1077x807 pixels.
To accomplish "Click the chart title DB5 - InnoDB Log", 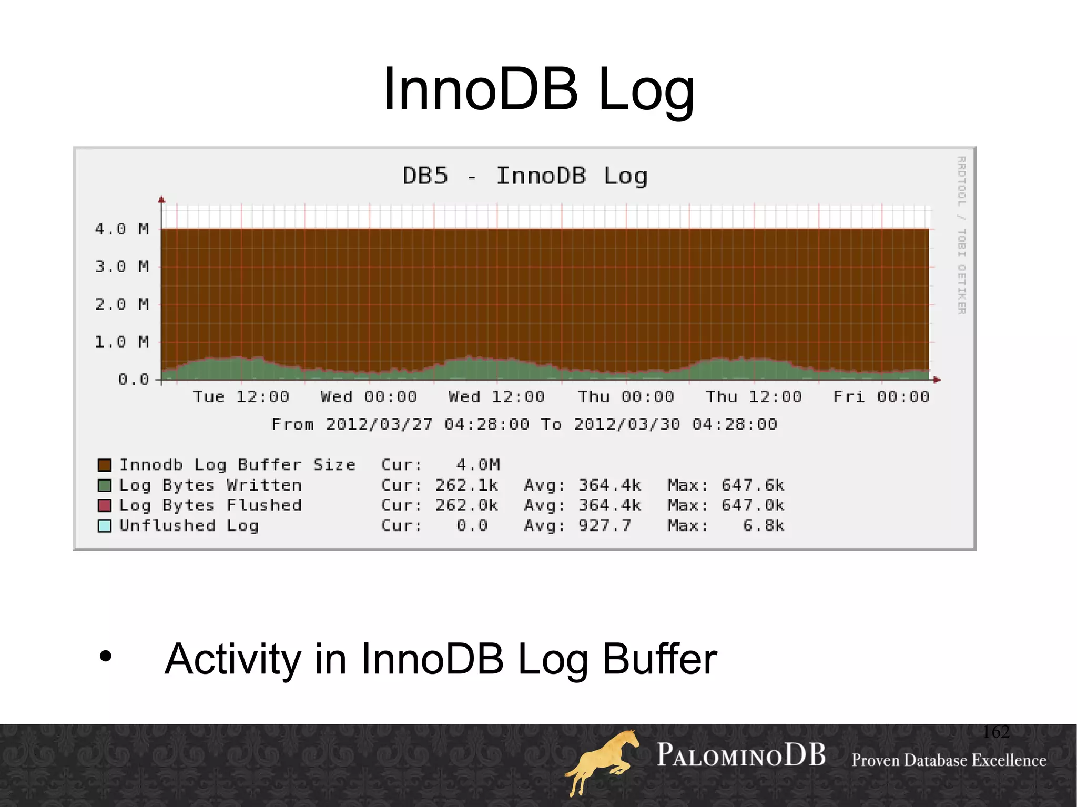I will pyautogui.click(x=525, y=176).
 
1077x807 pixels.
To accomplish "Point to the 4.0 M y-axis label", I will pyautogui.click(x=121, y=229).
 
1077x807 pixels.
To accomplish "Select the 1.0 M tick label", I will pyautogui.click(x=121, y=342).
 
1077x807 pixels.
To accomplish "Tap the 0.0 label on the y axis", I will pyautogui.click(x=133, y=380).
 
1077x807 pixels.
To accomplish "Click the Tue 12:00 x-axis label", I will pyautogui.click(x=241, y=397).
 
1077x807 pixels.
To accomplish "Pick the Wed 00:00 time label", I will pyautogui.click(x=369, y=397).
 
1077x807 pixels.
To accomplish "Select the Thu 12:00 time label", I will pyautogui.click(x=753, y=397).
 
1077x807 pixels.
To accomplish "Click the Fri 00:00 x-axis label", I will pyautogui.click(x=881, y=397).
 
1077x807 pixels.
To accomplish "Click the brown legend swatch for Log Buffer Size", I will pyautogui.click(x=105, y=465).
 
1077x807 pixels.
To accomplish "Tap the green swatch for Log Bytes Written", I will pyautogui.click(x=105, y=485).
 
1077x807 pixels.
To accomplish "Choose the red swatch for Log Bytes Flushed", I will pyautogui.click(x=105, y=506).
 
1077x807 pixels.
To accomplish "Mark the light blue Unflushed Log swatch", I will pyautogui.click(x=105, y=526).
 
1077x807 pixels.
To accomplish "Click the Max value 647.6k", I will pyautogui.click(x=753, y=485).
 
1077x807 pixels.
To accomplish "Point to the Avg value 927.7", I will pyautogui.click(x=604, y=526).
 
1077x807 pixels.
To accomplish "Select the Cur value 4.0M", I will pyautogui.click(x=478, y=465).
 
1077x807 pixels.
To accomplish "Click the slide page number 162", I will pyautogui.click(x=996, y=732).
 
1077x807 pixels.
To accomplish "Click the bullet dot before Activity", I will pyautogui.click(x=106, y=657).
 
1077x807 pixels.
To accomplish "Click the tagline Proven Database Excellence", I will pyautogui.click(x=949, y=761).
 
